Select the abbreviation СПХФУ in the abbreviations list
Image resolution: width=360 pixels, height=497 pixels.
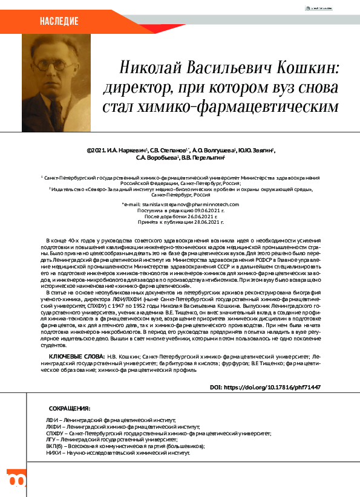[x=57, y=434]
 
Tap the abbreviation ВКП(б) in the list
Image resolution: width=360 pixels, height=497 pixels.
[x=56, y=446]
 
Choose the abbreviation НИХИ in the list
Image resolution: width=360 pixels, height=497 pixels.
[x=54, y=453]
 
